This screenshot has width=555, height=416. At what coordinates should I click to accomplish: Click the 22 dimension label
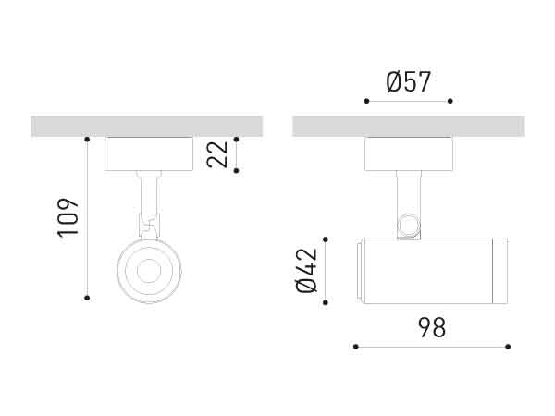click(x=217, y=154)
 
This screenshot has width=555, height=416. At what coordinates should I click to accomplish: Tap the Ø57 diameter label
click(x=409, y=82)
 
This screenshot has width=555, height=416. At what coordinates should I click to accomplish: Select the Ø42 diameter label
click(x=308, y=272)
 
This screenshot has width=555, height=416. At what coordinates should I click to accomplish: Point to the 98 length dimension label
click(x=432, y=327)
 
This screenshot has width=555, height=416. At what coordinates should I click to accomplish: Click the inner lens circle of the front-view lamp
click(x=149, y=272)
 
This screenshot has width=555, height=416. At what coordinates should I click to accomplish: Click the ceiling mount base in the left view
click(x=149, y=153)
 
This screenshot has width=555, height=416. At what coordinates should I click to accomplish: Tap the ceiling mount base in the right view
click(x=409, y=153)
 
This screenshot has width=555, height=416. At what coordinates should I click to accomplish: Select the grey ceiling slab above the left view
click(x=146, y=126)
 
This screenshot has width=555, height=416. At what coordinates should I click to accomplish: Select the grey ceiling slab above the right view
click(x=409, y=126)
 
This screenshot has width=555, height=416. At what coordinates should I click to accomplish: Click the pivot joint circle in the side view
click(x=408, y=226)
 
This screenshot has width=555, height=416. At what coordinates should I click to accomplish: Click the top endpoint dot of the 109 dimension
click(x=87, y=140)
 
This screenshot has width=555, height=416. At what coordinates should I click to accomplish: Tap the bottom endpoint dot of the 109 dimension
click(x=87, y=297)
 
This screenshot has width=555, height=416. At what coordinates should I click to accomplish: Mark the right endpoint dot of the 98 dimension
click(x=508, y=348)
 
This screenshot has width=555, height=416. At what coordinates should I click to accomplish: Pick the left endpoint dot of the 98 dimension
click(x=355, y=348)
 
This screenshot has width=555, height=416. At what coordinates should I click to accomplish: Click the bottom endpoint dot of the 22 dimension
click(x=237, y=171)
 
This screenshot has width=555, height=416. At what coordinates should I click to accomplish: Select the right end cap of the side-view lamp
click(x=499, y=271)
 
